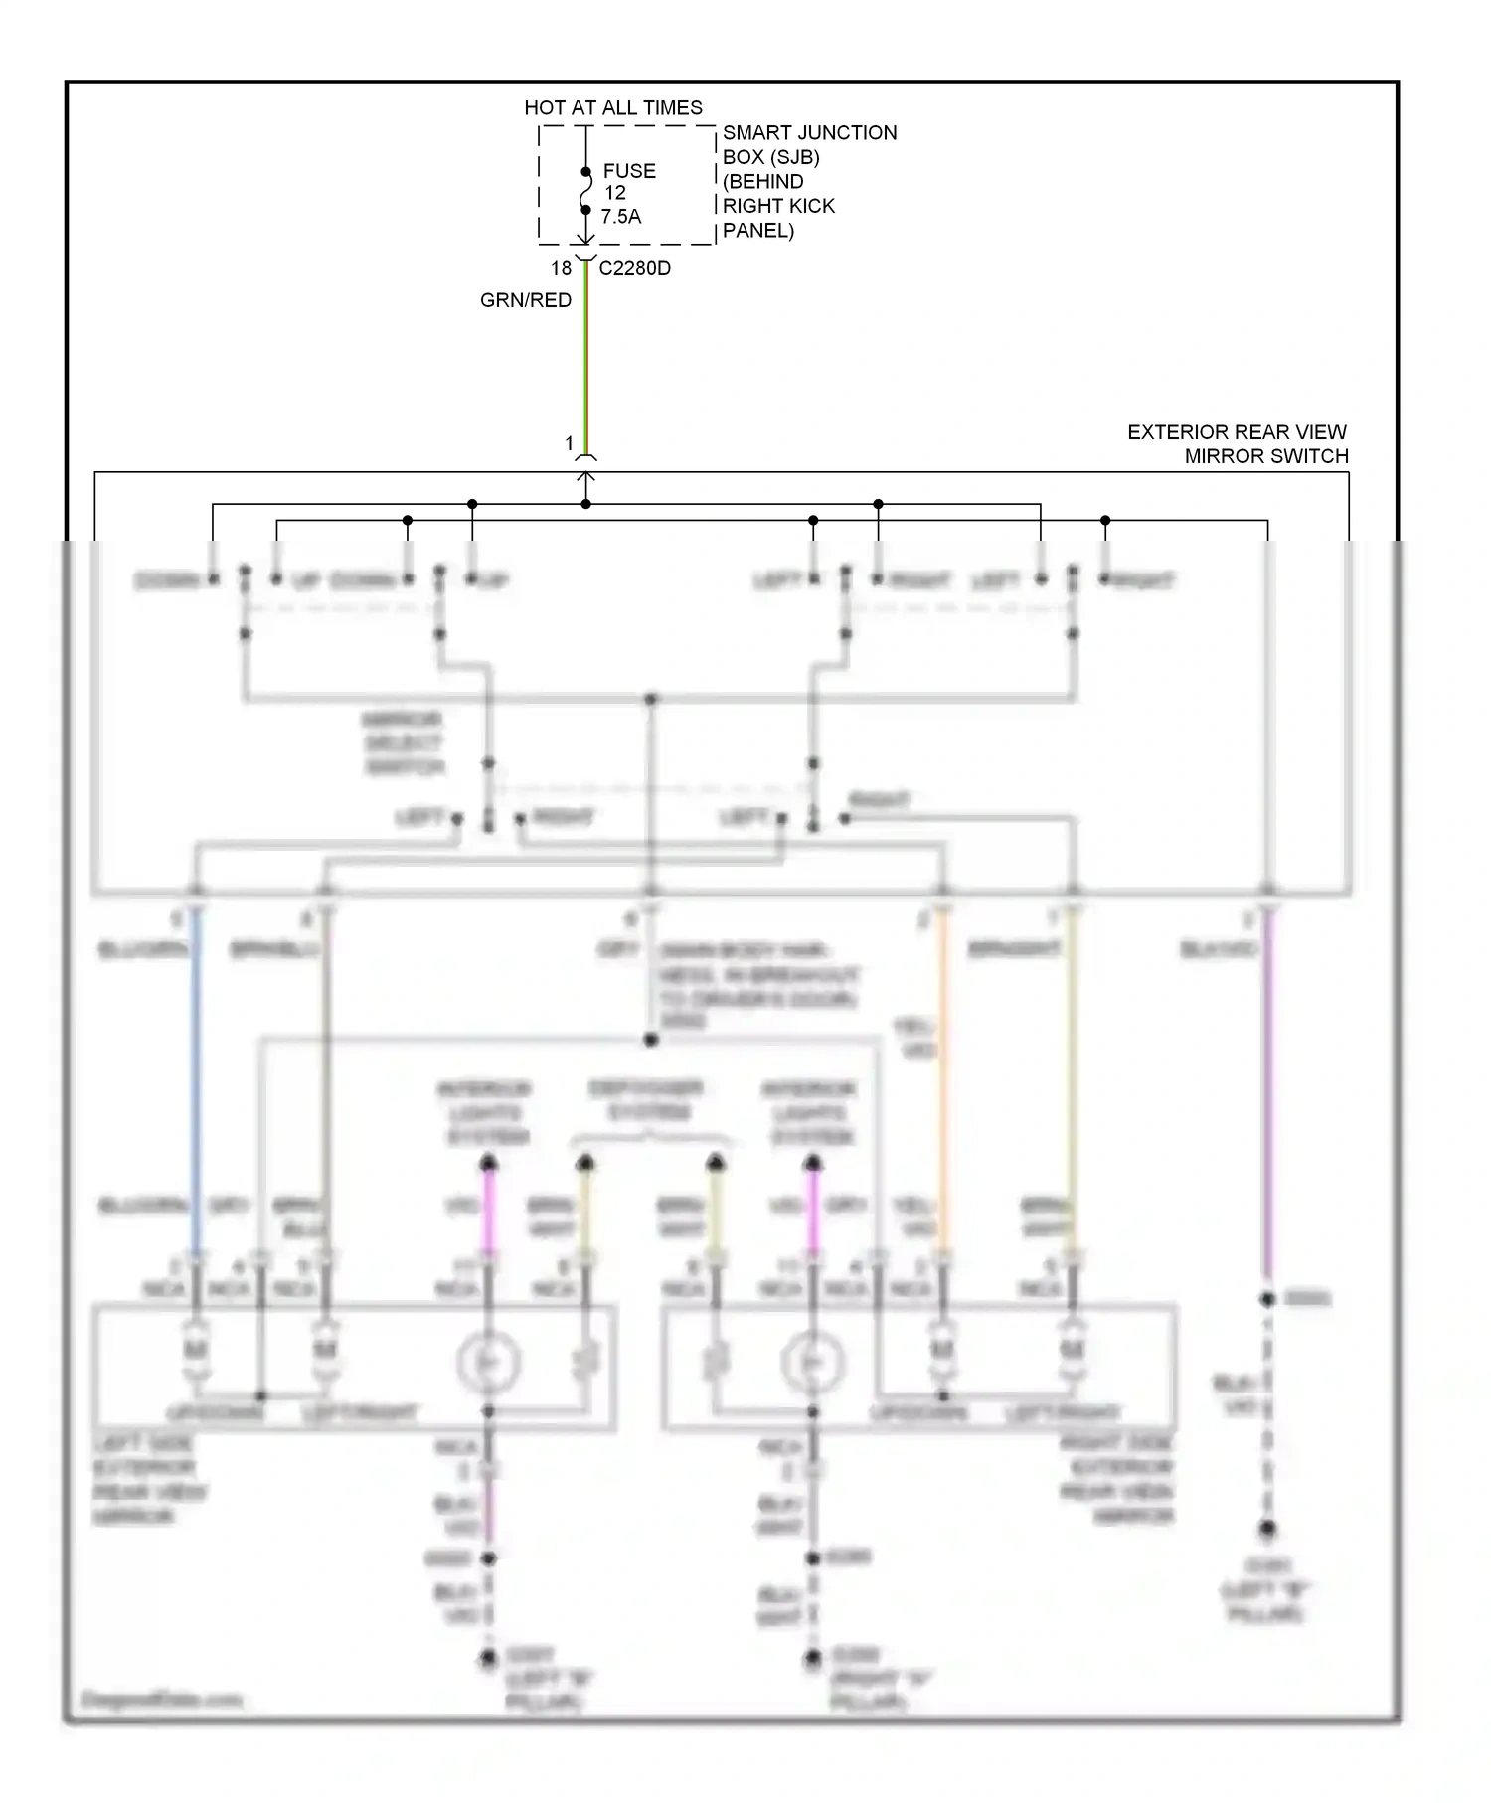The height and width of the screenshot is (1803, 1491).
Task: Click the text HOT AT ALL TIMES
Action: [x=612, y=107]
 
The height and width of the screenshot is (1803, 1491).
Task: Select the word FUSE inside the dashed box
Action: [x=628, y=171]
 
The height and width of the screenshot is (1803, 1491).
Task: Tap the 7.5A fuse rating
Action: [x=620, y=217]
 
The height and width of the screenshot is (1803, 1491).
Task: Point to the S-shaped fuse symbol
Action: [x=585, y=191]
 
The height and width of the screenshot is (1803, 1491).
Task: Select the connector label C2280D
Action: [x=634, y=268]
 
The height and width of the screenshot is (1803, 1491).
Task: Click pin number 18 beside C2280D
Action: [x=561, y=268]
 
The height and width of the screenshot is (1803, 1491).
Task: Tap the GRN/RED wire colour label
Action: [x=525, y=300]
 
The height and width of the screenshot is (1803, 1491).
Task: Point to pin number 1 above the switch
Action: [x=569, y=443]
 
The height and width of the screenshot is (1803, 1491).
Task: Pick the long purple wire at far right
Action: [x=1267, y=1093]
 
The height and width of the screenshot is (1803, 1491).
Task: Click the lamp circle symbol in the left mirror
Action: [x=488, y=1362]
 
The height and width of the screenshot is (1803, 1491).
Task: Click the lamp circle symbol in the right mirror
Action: [x=812, y=1362]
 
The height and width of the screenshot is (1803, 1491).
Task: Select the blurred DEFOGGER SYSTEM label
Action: [x=646, y=1100]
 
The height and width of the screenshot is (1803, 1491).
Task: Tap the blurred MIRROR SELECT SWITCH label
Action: [x=403, y=742]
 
